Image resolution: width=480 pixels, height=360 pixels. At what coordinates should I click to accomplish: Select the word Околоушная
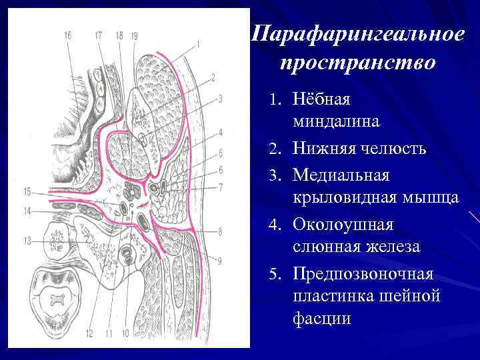343,223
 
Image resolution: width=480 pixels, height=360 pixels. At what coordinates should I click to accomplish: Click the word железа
391,247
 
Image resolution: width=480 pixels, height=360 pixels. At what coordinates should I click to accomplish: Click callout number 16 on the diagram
69,35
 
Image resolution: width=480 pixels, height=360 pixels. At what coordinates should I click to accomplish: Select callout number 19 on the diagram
135,35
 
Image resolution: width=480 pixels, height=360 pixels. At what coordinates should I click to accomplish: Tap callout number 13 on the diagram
28,241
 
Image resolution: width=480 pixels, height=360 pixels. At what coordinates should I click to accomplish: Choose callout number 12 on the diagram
89,333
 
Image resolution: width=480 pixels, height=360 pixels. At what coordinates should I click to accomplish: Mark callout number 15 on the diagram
27,193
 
